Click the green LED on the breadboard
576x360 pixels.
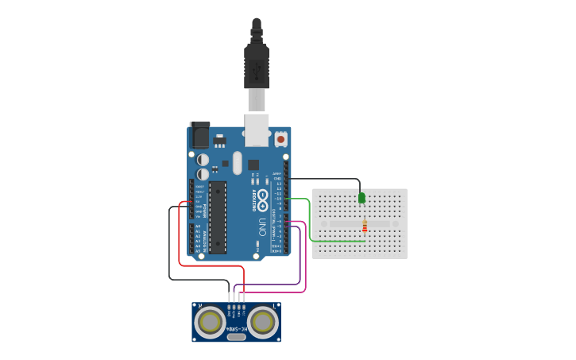[x=361, y=197]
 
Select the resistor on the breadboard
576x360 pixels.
[x=365, y=227]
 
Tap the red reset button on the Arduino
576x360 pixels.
[x=280, y=139]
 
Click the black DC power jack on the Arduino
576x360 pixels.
[x=200, y=135]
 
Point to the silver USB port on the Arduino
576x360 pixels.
[x=257, y=130]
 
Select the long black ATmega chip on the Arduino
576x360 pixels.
[x=218, y=217]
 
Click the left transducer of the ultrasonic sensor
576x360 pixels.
[x=211, y=322]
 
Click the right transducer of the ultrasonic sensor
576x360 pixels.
[x=262, y=322]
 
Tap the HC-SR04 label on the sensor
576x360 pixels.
[x=236, y=328]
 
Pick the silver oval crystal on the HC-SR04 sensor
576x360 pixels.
[x=236, y=337]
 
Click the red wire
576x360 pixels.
[x=180, y=238]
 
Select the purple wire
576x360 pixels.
[x=300, y=254]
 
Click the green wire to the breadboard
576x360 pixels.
[x=309, y=223]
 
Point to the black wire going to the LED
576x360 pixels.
[x=326, y=179]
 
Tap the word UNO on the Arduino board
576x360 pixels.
[x=261, y=226]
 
